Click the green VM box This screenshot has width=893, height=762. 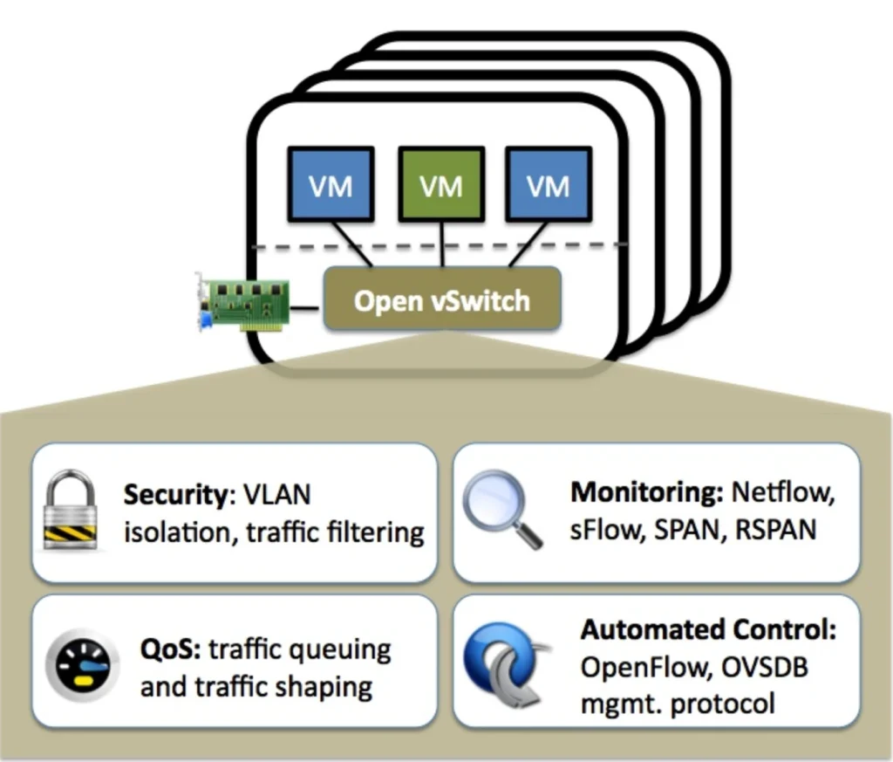440,184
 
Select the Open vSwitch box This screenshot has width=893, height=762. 441,299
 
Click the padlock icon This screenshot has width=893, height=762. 71,511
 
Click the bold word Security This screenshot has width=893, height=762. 174,495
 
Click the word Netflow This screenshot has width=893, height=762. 784,491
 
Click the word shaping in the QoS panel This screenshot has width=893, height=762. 324,687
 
